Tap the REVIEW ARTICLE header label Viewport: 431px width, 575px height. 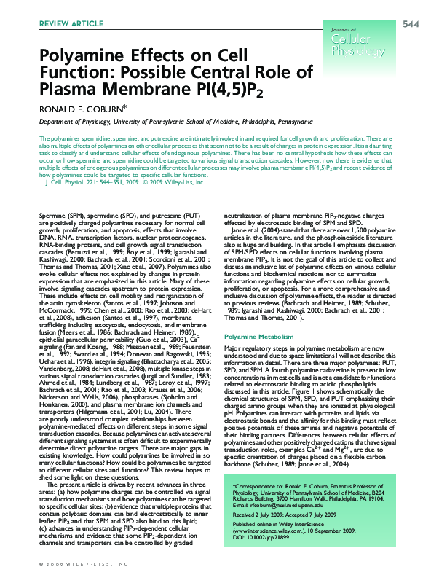(66, 24)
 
